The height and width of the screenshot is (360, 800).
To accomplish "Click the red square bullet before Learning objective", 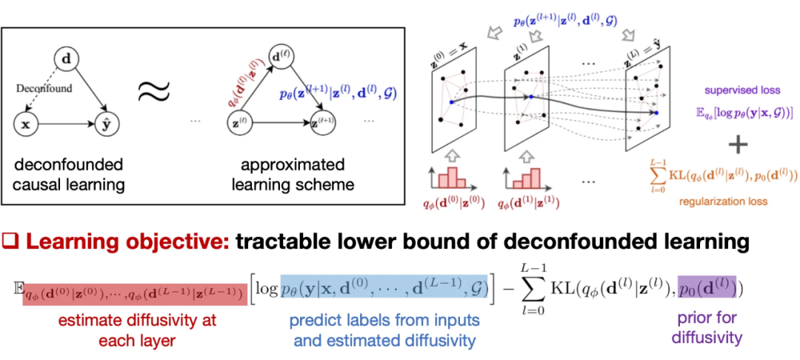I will [x=10, y=241].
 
